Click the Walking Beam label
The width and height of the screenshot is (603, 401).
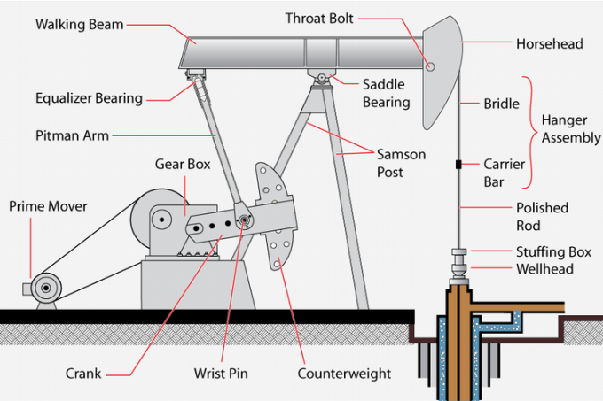point(81,23)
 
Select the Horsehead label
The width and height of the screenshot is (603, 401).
point(550,42)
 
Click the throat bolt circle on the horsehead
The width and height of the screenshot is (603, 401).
point(431,66)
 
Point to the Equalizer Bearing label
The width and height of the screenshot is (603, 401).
point(89,98)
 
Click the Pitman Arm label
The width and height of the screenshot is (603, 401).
point(72,136)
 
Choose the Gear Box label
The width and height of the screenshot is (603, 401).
point(182,165)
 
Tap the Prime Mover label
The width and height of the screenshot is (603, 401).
point(48,206)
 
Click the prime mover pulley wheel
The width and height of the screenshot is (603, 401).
point(40,288)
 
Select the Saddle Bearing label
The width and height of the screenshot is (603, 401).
point(386,93)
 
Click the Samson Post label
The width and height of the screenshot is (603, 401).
point(402,163)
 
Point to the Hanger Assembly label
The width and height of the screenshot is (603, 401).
point(570,129)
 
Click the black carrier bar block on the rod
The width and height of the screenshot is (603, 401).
point(458,165)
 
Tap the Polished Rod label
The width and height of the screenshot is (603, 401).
point(542,216)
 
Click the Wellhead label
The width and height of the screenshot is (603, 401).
point(544,269)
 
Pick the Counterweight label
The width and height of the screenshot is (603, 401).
point(344,373)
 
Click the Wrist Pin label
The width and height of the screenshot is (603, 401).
point(221,373)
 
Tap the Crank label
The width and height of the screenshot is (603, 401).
point(83,373)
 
